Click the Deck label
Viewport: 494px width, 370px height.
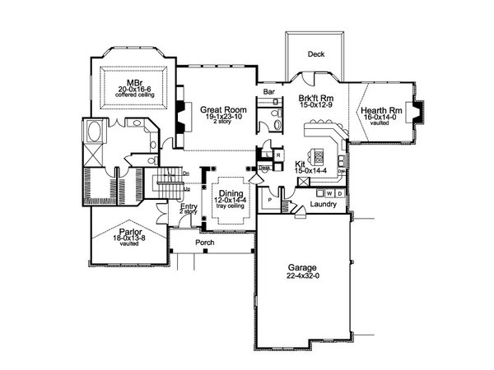pos(315,54)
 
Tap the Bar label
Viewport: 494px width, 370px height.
pos(268,92)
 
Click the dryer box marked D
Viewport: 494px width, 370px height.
pos(339,193)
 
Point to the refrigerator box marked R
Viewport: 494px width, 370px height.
pos(279,155)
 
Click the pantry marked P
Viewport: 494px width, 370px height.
pos(269,199)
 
